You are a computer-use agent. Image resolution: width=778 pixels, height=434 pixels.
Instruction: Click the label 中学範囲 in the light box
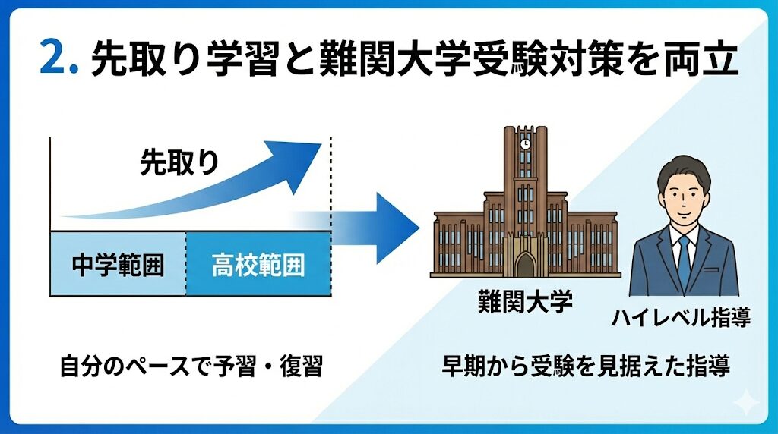(118, 265)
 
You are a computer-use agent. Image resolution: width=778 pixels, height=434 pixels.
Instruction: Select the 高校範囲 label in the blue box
(258, 265)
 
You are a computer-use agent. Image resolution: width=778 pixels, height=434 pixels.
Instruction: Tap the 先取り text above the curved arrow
(179, 162)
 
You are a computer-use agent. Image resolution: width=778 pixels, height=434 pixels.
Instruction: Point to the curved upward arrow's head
(299, 162)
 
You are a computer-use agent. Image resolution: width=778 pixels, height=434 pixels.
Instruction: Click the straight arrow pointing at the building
(357, 228)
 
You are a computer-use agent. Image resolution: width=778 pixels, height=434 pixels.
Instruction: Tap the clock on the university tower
(525, 144)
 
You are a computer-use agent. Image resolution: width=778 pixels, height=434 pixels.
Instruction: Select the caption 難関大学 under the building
(525, 300)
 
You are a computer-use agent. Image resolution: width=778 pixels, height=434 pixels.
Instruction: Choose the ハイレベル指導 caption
(682, 318)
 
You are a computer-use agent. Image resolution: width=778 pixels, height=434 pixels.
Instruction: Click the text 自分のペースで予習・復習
(191, 366)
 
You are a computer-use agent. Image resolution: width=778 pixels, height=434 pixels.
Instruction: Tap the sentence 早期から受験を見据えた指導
(587, 366)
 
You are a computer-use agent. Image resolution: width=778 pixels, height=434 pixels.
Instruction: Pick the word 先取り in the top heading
(147, 59)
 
